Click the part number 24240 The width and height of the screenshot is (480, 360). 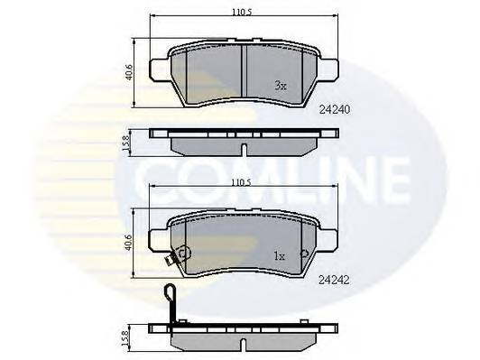[x=334, y=109]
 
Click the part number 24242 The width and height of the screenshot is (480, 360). [x=334, y=280]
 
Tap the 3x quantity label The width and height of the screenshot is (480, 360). [x=281, y=86]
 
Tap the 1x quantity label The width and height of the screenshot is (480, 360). [x=279, y=256]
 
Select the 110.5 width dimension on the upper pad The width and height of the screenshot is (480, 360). [x=241, y=13]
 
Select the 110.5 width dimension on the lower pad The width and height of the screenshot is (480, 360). [x=241, y=183]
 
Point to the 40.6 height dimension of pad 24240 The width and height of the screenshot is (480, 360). [x=129, y=72]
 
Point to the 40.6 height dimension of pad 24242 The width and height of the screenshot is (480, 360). [x=128, y=243]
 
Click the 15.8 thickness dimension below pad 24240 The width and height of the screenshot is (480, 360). [x=126, y=143]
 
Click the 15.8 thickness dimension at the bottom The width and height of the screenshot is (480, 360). [x=125, y=338]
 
